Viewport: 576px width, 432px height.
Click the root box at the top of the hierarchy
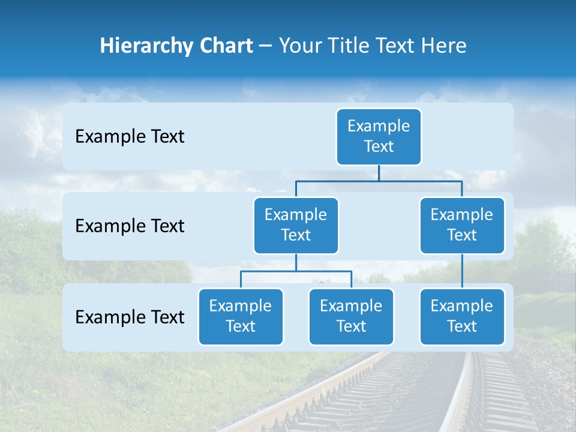point(379,136)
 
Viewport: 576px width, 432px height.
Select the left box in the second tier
point(296,225)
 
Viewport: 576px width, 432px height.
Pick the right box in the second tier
point(462,225)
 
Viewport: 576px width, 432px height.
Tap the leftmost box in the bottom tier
point(241,316)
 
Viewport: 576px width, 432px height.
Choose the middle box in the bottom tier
point(351,316)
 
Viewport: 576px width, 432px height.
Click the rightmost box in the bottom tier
point(462,316)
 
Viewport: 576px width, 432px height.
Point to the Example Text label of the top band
point(130,137)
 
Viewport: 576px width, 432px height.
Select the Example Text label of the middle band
point(130,226)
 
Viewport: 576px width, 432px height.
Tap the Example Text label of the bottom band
point(130,317)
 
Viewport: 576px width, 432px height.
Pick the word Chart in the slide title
point(225,46)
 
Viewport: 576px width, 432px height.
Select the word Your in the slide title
point(298,46)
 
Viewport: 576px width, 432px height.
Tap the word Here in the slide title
point(445,46)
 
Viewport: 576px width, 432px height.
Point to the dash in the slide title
point(265,46)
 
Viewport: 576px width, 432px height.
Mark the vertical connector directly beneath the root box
point(379,173)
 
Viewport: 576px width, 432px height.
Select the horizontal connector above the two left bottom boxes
point(296,271)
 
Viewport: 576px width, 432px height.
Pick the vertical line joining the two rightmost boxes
point(462,271)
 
